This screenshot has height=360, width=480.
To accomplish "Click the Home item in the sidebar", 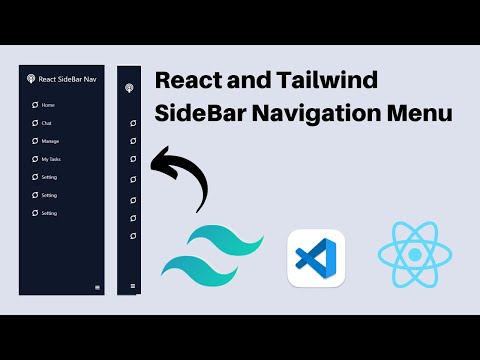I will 49,105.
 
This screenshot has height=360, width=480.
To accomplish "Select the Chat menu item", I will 47,123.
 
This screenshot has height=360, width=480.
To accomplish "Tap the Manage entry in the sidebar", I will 51,141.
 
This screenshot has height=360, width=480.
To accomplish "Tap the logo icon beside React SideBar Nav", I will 31,79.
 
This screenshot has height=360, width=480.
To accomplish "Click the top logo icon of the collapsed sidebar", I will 128,87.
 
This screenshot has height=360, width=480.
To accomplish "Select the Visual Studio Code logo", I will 315,258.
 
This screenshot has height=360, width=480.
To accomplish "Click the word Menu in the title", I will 423,114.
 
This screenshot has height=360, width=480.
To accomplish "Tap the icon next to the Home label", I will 33,105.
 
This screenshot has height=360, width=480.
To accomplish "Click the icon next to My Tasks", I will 33,159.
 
